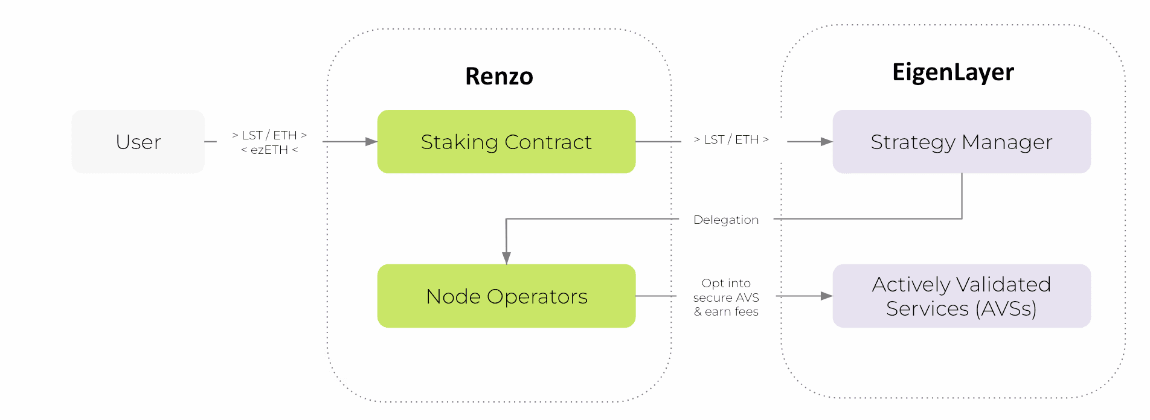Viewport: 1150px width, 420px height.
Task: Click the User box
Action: (138, 142)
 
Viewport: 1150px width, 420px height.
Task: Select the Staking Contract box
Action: (506, 142)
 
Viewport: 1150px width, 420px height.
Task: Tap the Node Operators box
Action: (506, 296)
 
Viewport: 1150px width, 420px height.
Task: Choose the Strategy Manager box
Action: (961, 142)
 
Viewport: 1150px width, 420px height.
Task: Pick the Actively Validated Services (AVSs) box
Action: (961, 296)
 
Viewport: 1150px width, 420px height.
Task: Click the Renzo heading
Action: (499, 77)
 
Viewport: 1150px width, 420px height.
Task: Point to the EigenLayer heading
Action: (952, 72)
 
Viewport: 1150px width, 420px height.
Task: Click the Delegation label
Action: (726, 220)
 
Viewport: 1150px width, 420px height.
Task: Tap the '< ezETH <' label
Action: (269, 150)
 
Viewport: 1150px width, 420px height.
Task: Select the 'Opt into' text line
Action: (726, 283)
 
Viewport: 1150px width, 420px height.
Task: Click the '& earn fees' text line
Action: (726, 311)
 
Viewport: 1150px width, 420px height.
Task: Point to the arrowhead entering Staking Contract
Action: (371, 142)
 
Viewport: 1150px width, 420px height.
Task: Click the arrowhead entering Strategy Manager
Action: (826, 142)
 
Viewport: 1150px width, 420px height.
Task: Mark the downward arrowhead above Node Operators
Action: (506, 258)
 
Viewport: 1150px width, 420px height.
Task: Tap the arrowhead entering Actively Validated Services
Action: (826, 296)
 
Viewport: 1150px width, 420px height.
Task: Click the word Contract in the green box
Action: (548, 142)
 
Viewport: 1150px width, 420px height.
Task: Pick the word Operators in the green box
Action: (537, 296)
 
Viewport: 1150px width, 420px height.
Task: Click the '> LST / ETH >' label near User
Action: (269, 135)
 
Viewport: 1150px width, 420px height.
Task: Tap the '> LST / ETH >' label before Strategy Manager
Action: (731, 139)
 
